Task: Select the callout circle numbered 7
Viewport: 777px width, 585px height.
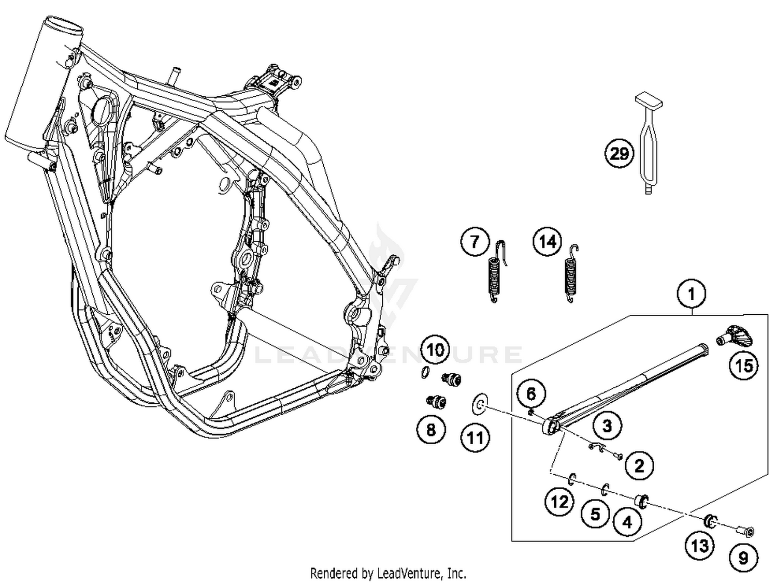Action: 475,241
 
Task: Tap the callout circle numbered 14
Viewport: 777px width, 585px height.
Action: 548,242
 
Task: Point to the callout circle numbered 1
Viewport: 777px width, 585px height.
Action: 691,294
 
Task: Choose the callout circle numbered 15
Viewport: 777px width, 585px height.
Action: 744,366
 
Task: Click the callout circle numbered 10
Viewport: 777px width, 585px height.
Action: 435,350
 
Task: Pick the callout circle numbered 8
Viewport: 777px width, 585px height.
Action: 431,429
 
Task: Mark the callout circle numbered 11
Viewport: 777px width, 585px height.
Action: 475,438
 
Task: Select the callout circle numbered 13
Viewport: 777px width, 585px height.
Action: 700,545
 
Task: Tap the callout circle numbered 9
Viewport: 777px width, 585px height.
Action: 743,558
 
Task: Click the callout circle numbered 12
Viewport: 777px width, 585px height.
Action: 559,502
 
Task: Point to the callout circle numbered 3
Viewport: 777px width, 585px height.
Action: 607,426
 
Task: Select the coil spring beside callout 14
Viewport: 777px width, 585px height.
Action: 570,277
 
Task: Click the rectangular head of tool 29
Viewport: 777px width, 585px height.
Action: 649,99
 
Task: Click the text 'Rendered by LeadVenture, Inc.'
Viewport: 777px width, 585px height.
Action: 388,573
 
